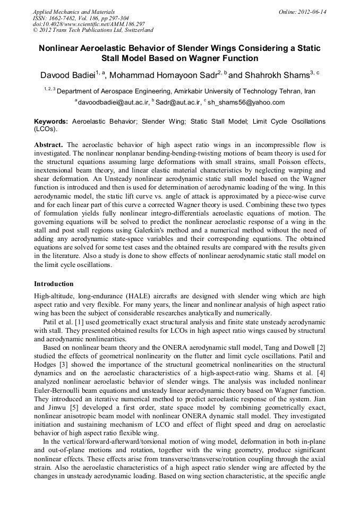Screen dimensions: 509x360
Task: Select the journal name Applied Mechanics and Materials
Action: coord(73,12)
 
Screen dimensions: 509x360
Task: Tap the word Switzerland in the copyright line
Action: coord(133,30)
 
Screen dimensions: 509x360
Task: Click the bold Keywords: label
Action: coord(51,122)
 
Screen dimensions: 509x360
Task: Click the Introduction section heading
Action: coord(54,284)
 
